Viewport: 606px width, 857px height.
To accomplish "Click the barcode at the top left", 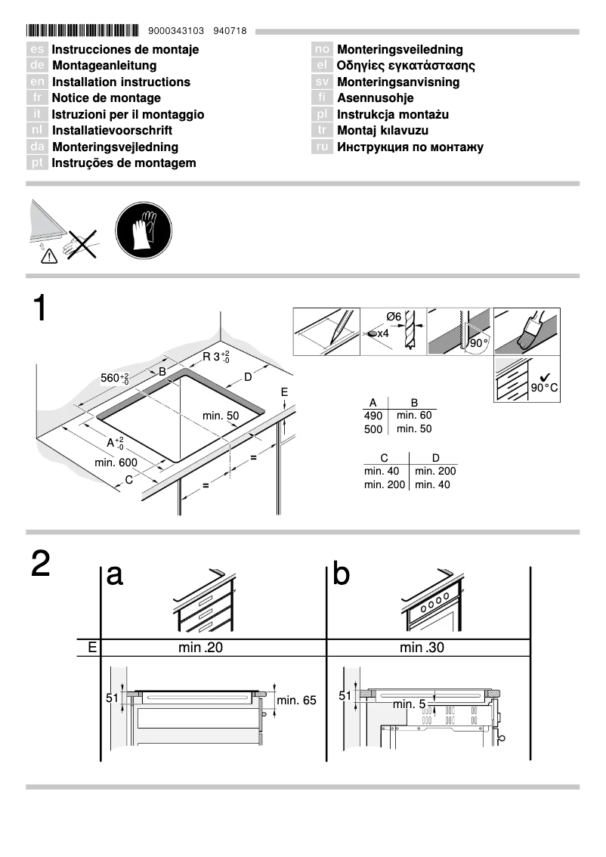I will click(x=82, y=31).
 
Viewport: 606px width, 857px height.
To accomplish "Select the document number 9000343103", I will click(x=177, y=32).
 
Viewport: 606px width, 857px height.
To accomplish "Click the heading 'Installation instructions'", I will click(x=121, y=82).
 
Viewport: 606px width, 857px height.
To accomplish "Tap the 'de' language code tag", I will click(x=38, y=66).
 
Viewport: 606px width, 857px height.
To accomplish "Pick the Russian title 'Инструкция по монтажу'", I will click(x=410, y=147).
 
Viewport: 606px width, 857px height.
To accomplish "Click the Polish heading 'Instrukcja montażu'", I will click(x=393, y=114).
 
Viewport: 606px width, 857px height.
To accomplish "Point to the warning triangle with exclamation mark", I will click(x=48, y=257).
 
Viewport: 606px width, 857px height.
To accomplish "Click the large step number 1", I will click(x=41, y=311).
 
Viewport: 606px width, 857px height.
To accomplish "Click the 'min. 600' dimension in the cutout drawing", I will click(x=116, y=462).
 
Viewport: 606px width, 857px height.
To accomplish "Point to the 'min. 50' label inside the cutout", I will click(x=221, y=416).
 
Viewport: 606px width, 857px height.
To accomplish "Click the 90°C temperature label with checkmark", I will click(x=543, y=386).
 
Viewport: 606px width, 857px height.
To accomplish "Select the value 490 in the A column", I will click(x=374, y=416).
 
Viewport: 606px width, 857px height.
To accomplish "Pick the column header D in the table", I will click(x=435, y=457).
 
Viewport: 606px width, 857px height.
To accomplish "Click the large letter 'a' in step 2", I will click(x=115, y=575).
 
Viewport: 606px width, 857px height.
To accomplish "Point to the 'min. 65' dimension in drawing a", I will click(x=296, y=701).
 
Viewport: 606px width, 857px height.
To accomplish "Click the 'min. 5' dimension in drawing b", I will click(x=409, y=704).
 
